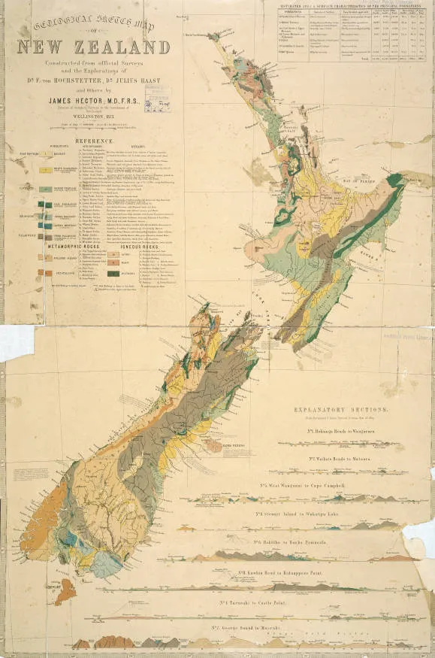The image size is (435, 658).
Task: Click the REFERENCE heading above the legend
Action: click(x=93, y=140)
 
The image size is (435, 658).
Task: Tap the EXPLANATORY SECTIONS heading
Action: click(x=347, y=411)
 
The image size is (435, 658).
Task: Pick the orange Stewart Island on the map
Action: click(x=65, y=590)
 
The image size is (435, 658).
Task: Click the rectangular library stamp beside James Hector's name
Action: click(x=159, y=100)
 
